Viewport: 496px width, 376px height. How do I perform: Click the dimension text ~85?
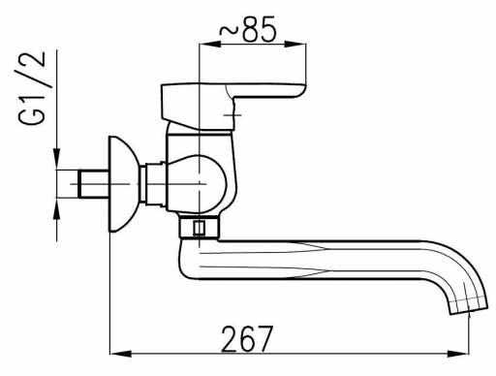(248, 30)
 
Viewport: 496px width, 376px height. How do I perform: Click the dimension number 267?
(247, 338)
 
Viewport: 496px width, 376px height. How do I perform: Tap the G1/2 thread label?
(32, 87)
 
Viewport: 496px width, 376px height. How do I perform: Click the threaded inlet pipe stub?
(93, 184)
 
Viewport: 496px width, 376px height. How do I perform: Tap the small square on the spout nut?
(199, 228)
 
